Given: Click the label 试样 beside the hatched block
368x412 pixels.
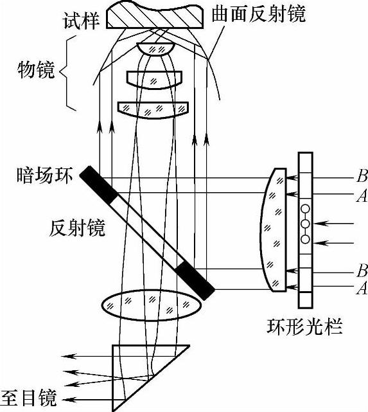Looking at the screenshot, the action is (81, 21).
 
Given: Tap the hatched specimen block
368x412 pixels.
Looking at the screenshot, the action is (155, 16).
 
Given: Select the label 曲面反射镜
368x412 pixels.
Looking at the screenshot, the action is (259, 13).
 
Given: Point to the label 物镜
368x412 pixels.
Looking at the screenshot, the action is (36, 70).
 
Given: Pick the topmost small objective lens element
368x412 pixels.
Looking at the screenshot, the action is (155, 49).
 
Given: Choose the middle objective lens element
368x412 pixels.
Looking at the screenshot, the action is (154, 80).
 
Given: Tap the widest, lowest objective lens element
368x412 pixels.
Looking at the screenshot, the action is (153, 110).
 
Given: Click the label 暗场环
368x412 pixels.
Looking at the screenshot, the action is (44, 175).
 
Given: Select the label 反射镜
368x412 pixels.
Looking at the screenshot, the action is (77, 227).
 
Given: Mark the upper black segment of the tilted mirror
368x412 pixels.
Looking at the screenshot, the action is (99, 184).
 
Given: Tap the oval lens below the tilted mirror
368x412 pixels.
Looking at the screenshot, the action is (152, 305).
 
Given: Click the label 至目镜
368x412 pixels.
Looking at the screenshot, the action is (29, 398).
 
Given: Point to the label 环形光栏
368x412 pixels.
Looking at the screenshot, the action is (304, 327).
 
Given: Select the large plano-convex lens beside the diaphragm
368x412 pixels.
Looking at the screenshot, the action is (274, 229).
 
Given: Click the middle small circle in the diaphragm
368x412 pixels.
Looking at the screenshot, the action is (305, 224).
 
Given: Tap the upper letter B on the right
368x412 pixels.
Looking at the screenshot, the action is (362, 175).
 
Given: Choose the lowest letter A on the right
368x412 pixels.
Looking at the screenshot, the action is (362, 288).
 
